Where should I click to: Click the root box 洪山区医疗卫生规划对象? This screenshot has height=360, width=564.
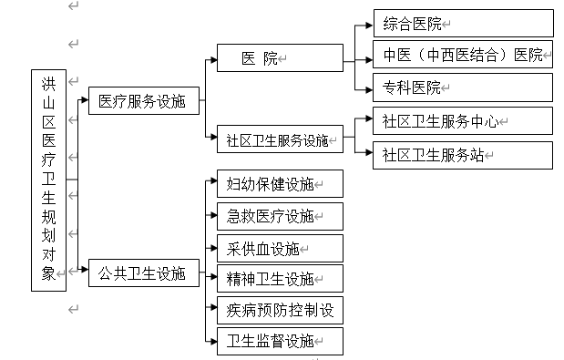pos(48,180)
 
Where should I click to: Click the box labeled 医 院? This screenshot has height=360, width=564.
pos(279,58)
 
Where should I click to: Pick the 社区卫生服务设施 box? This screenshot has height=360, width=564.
pos(279,140)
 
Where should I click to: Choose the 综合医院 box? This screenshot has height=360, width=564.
pos(462,23)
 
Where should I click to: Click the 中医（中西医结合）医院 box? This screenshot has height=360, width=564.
pos(462,55)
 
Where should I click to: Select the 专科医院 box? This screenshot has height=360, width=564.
pos(462,87)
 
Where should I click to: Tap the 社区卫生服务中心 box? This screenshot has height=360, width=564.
pos(462,120)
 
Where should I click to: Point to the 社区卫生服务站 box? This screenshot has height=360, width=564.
pos(462,154)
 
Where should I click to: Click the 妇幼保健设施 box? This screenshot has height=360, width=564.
pos(279,183)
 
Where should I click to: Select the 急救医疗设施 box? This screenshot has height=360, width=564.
pos(279,216)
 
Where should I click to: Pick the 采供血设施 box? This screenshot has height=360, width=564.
pos(279,248)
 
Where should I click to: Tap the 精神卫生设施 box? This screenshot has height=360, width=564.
pos(279,278)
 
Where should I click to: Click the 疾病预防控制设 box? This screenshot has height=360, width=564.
pos(279,310)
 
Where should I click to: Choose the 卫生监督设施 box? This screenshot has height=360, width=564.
pos(279,342)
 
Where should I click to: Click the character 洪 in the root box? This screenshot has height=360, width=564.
pos(48,84)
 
